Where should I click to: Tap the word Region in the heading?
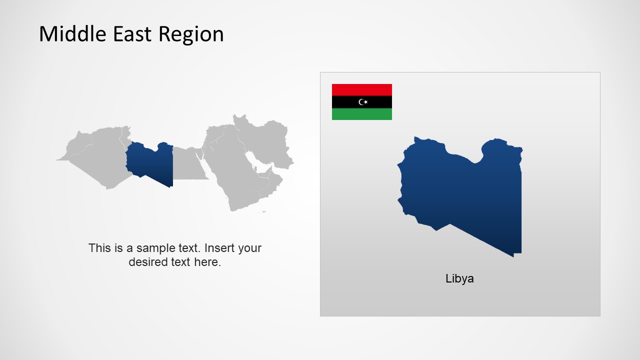point(191,34)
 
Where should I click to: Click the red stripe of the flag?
point(361,90)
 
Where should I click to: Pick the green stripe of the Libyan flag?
point(361,114)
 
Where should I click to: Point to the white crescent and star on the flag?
point(363,102)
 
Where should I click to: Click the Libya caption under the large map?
point(459,278)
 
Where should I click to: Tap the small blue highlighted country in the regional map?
point(150,162)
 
